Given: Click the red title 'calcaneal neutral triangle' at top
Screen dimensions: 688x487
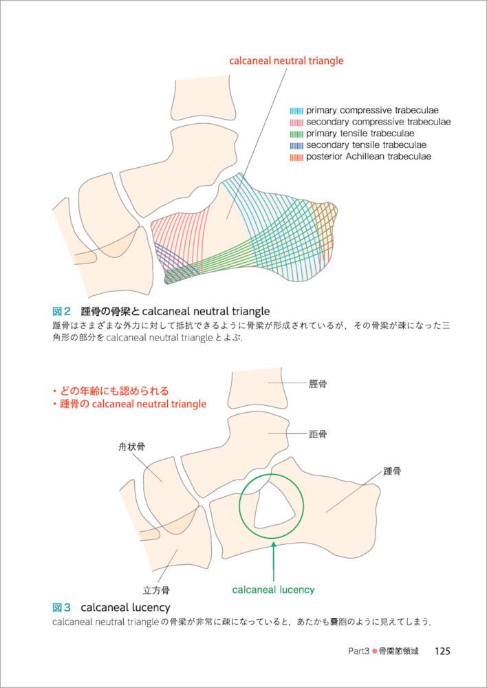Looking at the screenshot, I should pyautogui.click(x=286, y=61).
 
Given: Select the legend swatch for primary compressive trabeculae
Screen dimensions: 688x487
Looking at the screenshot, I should pyautogui.click(x=296, y=110).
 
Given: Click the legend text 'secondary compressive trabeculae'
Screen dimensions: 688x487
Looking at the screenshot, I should pyautogui.click(x=378, y=122).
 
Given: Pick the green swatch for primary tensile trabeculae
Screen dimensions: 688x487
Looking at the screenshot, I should pyautogui.click(x=296, y=133).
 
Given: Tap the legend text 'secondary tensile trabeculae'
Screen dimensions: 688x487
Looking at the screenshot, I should pyautogui.click(x=366, y=145).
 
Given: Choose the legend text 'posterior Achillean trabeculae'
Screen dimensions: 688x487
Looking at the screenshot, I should pyautogui.click(x=369, y=157).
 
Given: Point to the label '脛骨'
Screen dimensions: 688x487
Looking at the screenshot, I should pyautogui.click(x=318, y=384).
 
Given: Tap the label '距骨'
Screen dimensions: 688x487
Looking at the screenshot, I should pyautogui.click(x=318, y=434).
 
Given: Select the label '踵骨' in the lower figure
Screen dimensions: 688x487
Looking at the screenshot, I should pyautogui.click(x=393, y=471).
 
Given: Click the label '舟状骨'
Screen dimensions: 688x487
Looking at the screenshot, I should pyautogui.click(x=131, y=447).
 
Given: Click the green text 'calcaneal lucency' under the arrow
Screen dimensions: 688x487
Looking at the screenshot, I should pyautogui.click(x=273, y=590).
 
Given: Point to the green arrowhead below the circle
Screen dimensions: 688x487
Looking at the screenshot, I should pyautogui.click(x=274, y=545).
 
